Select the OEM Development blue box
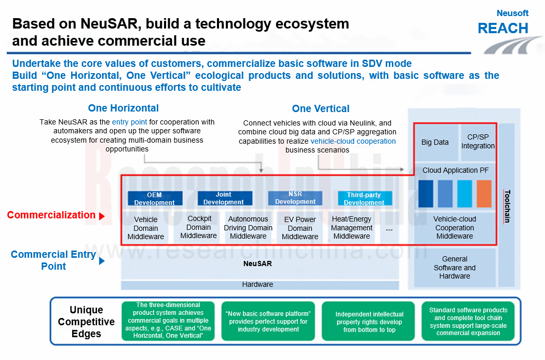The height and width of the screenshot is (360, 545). click(155, 199)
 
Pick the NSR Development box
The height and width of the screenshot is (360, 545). click(295, 198)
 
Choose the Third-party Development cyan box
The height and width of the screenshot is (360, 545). click(364, 199)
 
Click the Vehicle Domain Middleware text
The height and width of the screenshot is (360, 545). click(145, 228)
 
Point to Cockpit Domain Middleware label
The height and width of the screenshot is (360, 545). click(199, 227)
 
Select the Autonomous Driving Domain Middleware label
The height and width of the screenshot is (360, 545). click(248, 228)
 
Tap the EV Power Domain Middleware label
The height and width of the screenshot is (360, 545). click(300, 228)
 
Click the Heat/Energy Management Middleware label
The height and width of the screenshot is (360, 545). click(352, 228)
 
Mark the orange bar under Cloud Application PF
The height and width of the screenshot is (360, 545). click(484, 194)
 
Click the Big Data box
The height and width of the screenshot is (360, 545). click(435, 142)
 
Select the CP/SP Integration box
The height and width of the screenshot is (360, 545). click(478, 142)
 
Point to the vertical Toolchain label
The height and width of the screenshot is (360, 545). click(507, 206)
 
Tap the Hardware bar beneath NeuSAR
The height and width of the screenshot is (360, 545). click(257, 285)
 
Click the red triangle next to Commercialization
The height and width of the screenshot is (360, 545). click(102, 216)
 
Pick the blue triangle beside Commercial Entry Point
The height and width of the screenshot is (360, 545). click(102, 261)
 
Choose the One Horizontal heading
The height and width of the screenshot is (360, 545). click(124, 108)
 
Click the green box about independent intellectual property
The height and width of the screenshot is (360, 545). click(369, 322)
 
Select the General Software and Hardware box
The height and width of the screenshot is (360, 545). click(455, 268)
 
